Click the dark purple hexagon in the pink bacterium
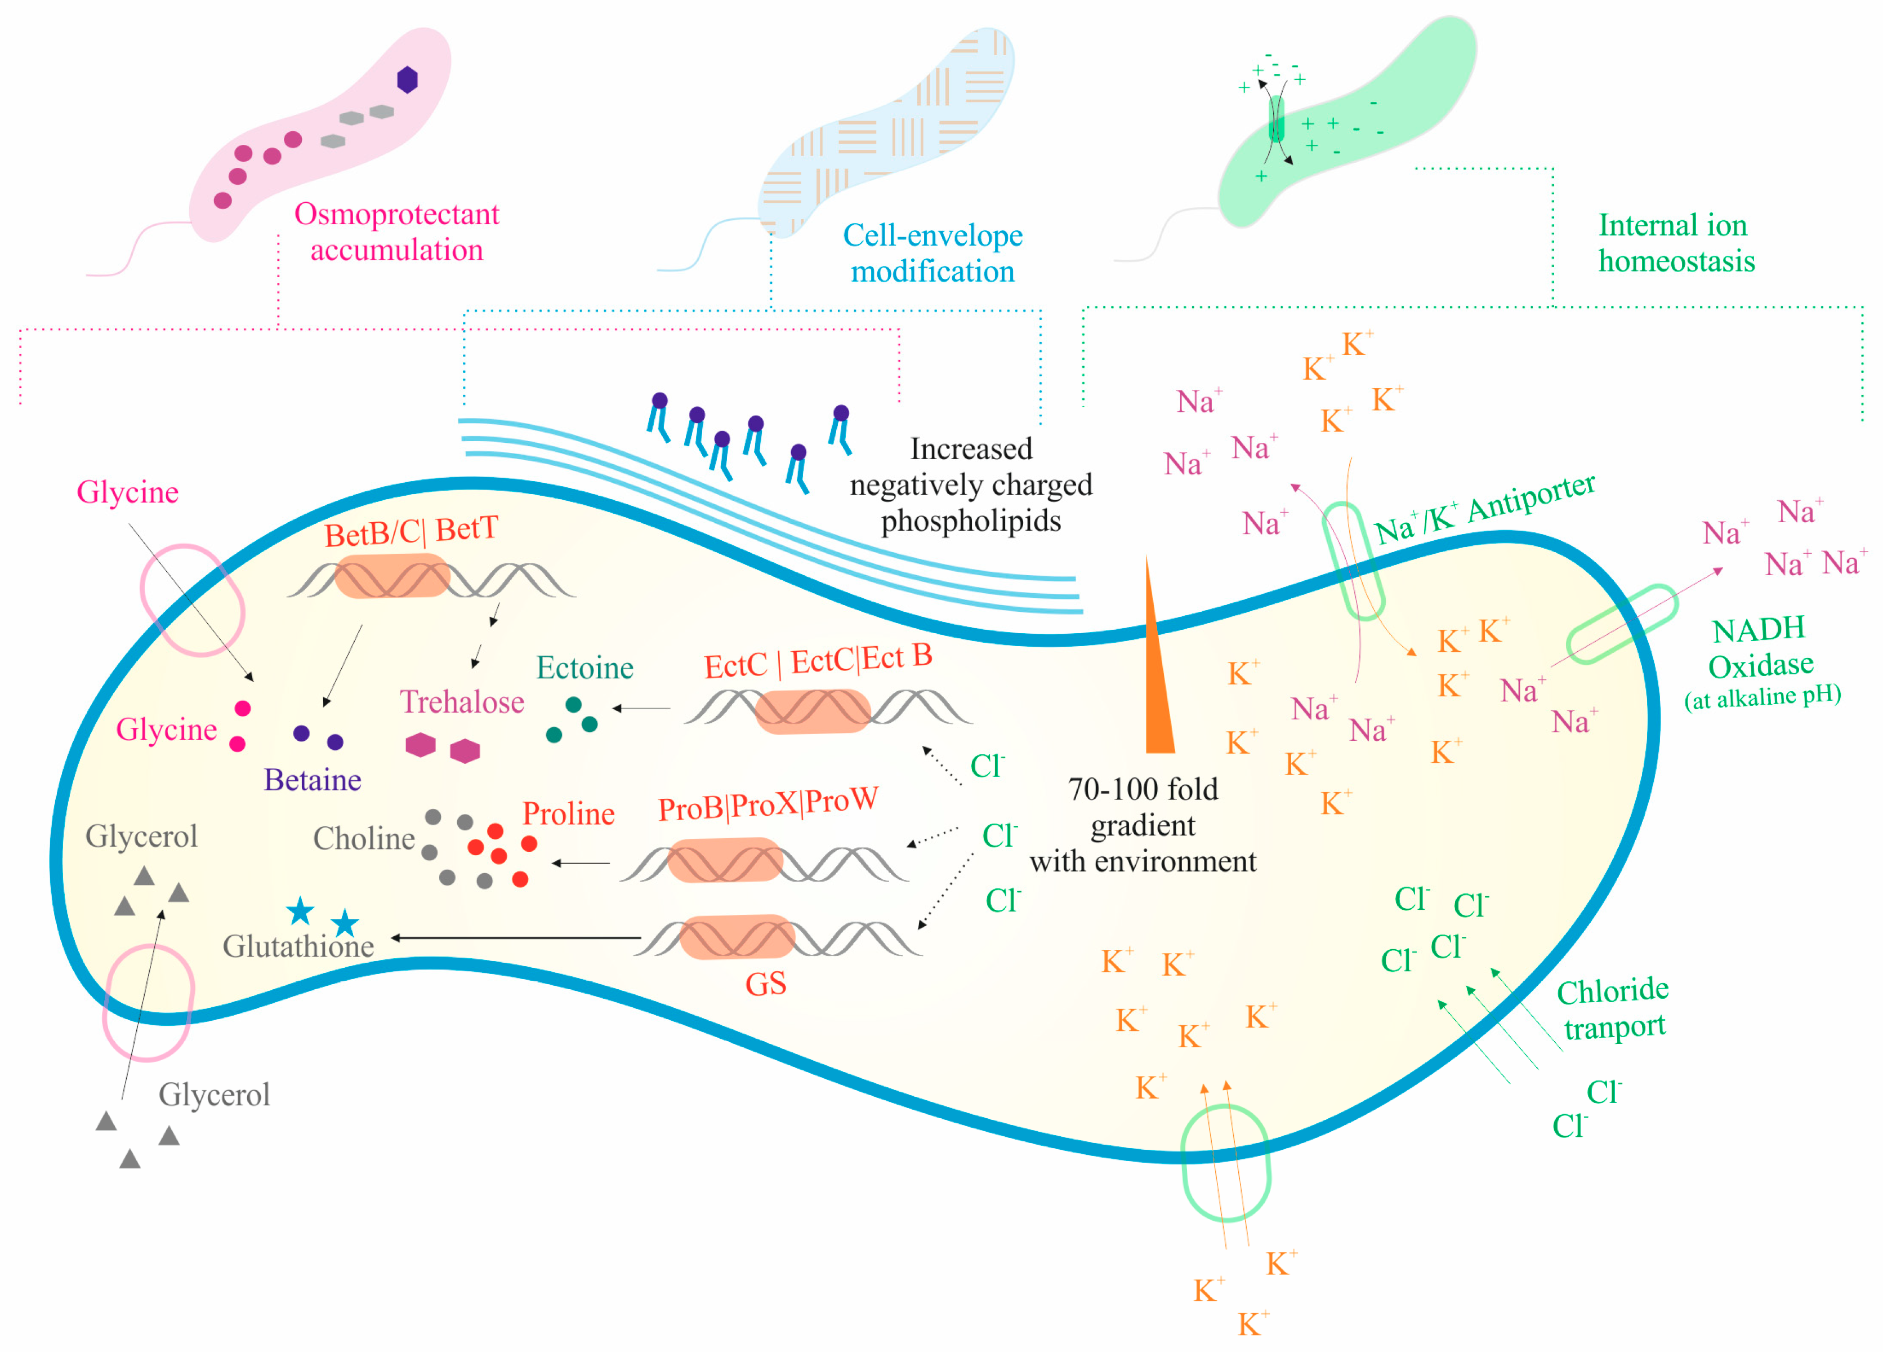click(x=407, y=80)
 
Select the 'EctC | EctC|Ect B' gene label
click(x=817, y=661)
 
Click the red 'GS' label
click(x=765, y=984)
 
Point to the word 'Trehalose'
click(x=462, y=702)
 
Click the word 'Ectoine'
click(x=584, y=668)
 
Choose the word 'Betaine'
click(x=312, y=780)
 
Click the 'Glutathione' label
click(x=298, y=946)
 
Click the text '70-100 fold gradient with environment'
click(x=1143, y=825)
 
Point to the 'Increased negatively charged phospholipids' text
click(x=971, y=485)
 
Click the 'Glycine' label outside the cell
click(x=128, y=492)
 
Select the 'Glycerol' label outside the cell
click(x=214, y=1095)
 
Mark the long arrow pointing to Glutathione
click(x=515, y=937)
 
